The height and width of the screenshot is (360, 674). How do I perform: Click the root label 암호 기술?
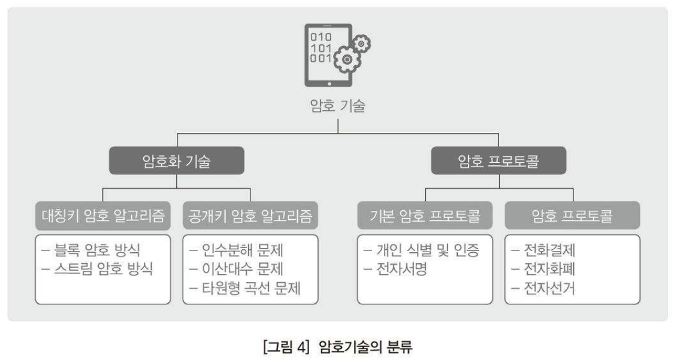click(337, 107)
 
